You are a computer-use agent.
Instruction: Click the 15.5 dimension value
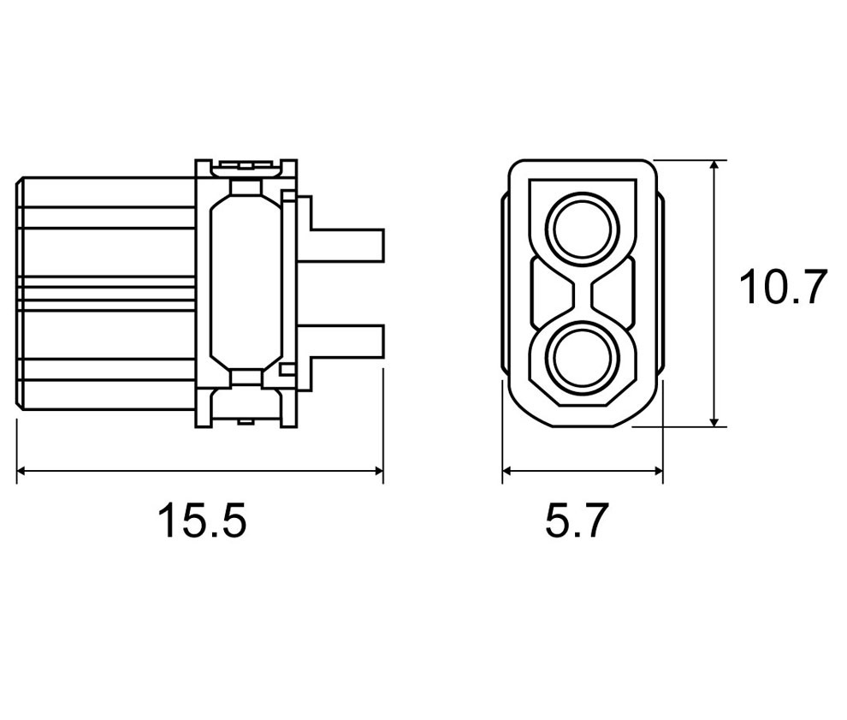(203, 520)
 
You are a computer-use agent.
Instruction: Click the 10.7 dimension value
(783, 287)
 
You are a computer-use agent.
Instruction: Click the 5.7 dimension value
(577, 520)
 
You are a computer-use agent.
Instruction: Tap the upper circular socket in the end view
(582, 228)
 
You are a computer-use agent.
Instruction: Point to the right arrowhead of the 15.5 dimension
(378, 471)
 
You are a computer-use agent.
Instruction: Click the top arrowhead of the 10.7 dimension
(714, 165)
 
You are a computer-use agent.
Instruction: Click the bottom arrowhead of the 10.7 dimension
(714, 420)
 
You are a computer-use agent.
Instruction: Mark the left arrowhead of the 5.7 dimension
(507, 471)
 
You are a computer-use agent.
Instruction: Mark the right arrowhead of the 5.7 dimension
(657, 471)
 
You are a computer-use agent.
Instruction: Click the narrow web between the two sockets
(582, 293)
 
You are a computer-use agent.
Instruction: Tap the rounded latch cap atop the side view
(246, 168)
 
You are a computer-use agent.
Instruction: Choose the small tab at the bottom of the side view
(246, 421)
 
